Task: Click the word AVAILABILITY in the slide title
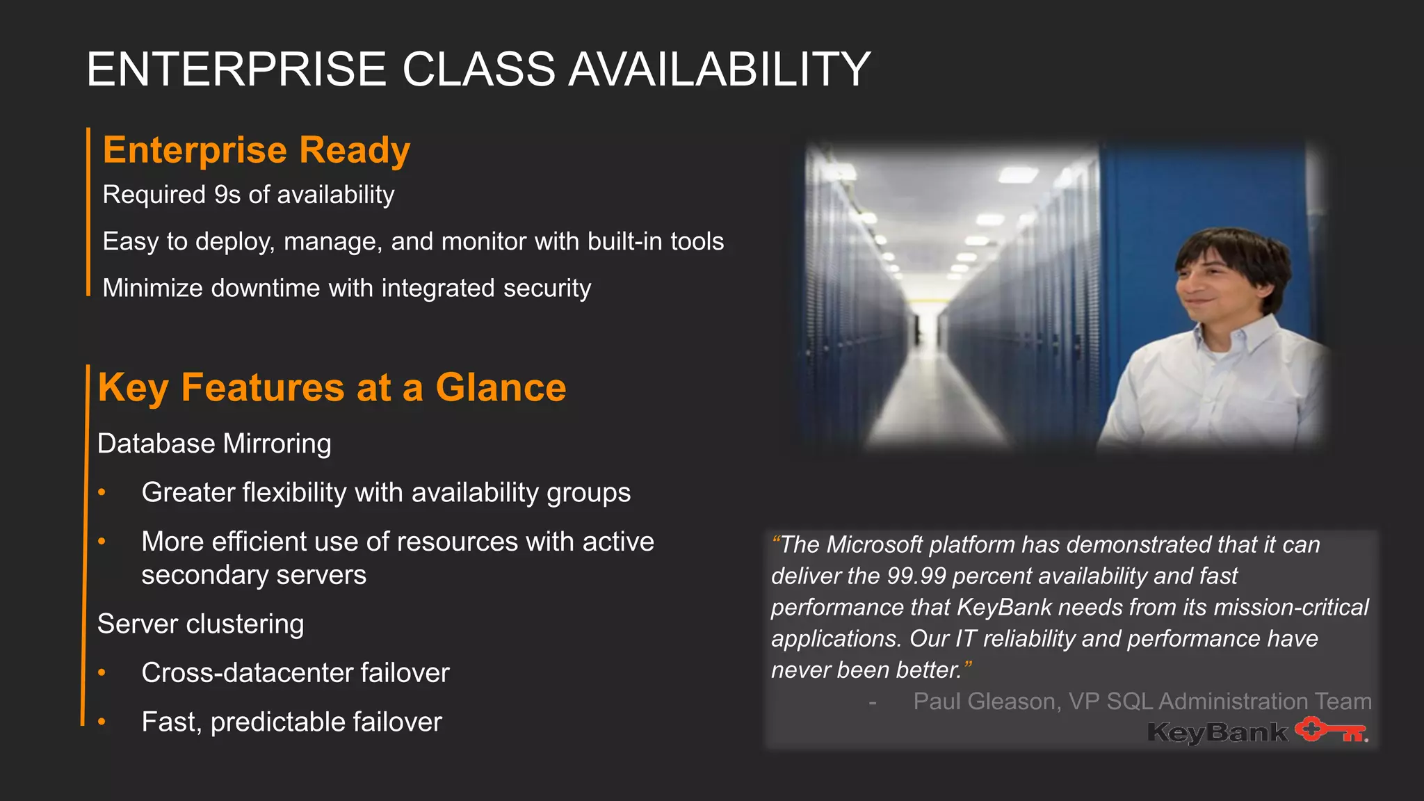pos(719,70)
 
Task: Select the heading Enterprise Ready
pos(257,150)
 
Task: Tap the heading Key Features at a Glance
pos(332,388)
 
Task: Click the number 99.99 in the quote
pos(916,576)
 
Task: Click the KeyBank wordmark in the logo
pos(1217,732)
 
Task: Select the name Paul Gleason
pos(987,701)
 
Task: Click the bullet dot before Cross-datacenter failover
pos(102,672)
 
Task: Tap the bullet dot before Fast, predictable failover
pos(102,722)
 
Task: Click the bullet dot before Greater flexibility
pos(102,492)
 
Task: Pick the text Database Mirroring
pos(214,444)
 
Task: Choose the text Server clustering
pos(200,624)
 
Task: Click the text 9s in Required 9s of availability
pos(227,195)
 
